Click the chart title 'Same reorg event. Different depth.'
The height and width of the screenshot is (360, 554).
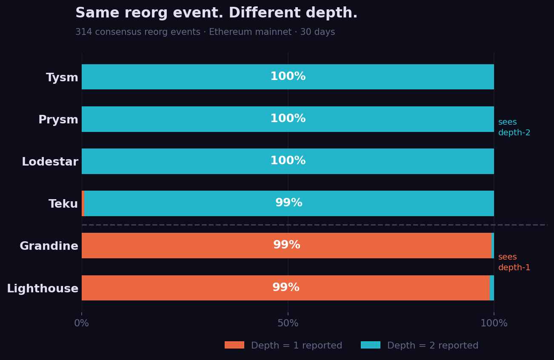click(216, 13)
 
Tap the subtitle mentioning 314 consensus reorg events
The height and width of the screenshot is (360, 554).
click(205, 32)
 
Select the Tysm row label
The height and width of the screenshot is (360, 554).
click(62, 78)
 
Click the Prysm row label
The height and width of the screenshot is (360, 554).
click(58, 120)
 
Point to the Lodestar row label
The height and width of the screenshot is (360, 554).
click(50, 162)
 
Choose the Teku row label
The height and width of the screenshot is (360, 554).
click(63, 204)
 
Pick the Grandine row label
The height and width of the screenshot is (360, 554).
click(49, 246)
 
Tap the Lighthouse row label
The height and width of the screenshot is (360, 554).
click(43, 289)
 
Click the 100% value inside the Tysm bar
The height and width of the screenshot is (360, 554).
click(288, 77)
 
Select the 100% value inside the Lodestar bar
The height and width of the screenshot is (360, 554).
click(288, 161)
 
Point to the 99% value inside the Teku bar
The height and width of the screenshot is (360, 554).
click(288, 203)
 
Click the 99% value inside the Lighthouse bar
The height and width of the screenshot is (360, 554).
click(286, 288)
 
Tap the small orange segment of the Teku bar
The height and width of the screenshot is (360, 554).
click(83, 203)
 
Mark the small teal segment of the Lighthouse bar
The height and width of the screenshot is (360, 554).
click(492, 288)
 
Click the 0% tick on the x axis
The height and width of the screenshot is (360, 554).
click(82, 323)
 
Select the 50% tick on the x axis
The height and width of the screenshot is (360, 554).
click(288, 323)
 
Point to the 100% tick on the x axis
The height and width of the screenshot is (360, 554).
click(494, 323)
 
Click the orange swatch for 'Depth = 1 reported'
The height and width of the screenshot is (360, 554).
click(234, 345)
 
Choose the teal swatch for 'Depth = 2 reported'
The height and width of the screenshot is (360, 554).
click(370, 345)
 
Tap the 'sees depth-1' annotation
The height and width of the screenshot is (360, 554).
click(514, 263)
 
